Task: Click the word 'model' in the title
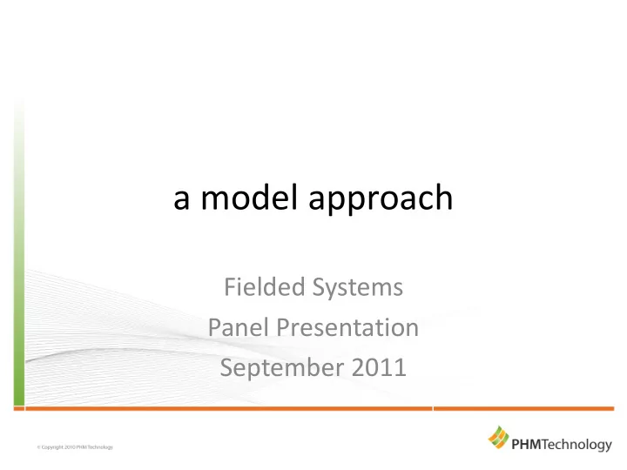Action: pyautogui.click(x=249, y=197)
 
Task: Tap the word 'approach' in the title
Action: pyautogui.click(x=381, y=199)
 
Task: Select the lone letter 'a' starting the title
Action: pyautogui.click(x=181, y=199)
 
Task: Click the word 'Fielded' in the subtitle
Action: pyautogui.click(x=265, y=286)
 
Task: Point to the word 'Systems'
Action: pyautogui.click(x=358, y=289)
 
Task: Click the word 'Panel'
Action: pyautogui.click(x=238, y=327)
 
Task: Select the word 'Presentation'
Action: pyautogui.click(x=347, y=327)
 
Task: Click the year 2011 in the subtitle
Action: pyautogui.click(x=379, y=367)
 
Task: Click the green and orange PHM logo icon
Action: pyautogui.click(x=498, y=437)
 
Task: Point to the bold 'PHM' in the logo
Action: pyautogui.click(x=526, y=444)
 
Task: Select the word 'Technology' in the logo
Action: pyautogui.click(x=576, y=445)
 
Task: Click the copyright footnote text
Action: pyautogui.click(x=75, y=447)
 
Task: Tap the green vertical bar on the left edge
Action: pyautogui.click(x=19, y=252)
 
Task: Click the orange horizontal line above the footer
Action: pyautogui.click(x=313, y=408)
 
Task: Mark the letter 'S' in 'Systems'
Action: pyautogui.click(x=319, y=287)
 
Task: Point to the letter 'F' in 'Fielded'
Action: pyautogui.click(x=230, y=287)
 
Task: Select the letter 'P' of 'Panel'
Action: pyautogui.click(x=215, y=327)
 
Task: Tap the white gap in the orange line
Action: pyautogui.click(x=433, y=408)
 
